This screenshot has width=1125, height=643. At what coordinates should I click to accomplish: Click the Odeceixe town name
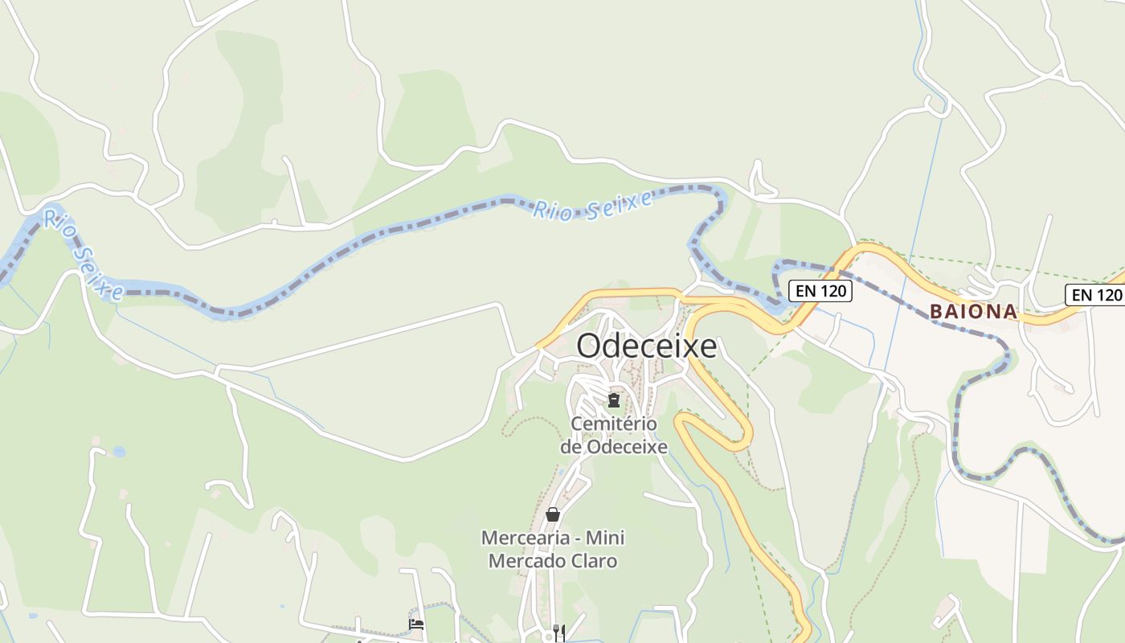pos(647,346)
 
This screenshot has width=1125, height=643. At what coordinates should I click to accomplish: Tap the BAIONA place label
pos(974,312)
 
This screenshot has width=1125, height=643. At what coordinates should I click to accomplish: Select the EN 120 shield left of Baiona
pos(820,291)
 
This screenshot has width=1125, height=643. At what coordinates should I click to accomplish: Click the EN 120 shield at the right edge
pos(1094,295)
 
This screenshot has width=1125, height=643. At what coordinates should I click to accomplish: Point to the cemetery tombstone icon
pos(614,399)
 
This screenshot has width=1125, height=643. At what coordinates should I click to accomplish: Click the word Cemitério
pos(614,424)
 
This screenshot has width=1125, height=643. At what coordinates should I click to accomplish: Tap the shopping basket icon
pos(553,514)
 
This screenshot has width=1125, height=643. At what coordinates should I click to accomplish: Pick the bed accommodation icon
pos(416,624)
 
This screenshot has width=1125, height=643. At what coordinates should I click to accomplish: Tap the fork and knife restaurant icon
pos(559,632)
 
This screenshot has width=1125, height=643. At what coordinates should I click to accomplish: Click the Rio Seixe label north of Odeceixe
pos(595,206)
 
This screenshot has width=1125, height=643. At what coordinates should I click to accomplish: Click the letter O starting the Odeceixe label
pos(588,346)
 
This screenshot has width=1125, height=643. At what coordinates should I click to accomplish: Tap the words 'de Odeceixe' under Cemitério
pos(614,447)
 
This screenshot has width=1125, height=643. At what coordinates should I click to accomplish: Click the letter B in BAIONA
pos(936,312)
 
